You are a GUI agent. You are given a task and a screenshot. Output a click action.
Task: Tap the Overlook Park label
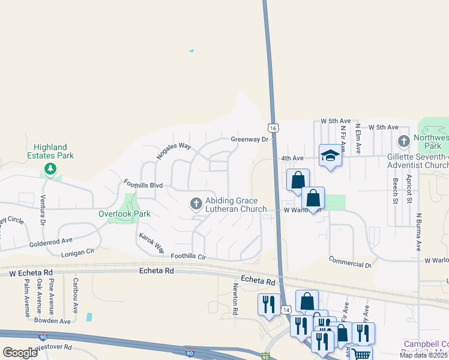coord(124,214)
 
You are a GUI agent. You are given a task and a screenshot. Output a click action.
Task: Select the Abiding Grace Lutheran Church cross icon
coord(195,205)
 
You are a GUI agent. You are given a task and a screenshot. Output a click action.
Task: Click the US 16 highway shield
coord(273,128)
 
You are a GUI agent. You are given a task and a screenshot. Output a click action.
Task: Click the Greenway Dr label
coord(249,139)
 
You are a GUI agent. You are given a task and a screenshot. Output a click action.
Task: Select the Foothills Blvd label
coord(143,184)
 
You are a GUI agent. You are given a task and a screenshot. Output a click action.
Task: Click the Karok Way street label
coord(151,242)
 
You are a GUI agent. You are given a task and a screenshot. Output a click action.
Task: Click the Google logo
coord(20,352)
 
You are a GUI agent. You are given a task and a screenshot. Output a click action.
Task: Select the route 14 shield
coord(287,309)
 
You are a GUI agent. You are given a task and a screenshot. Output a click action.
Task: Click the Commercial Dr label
coord(350,262)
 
